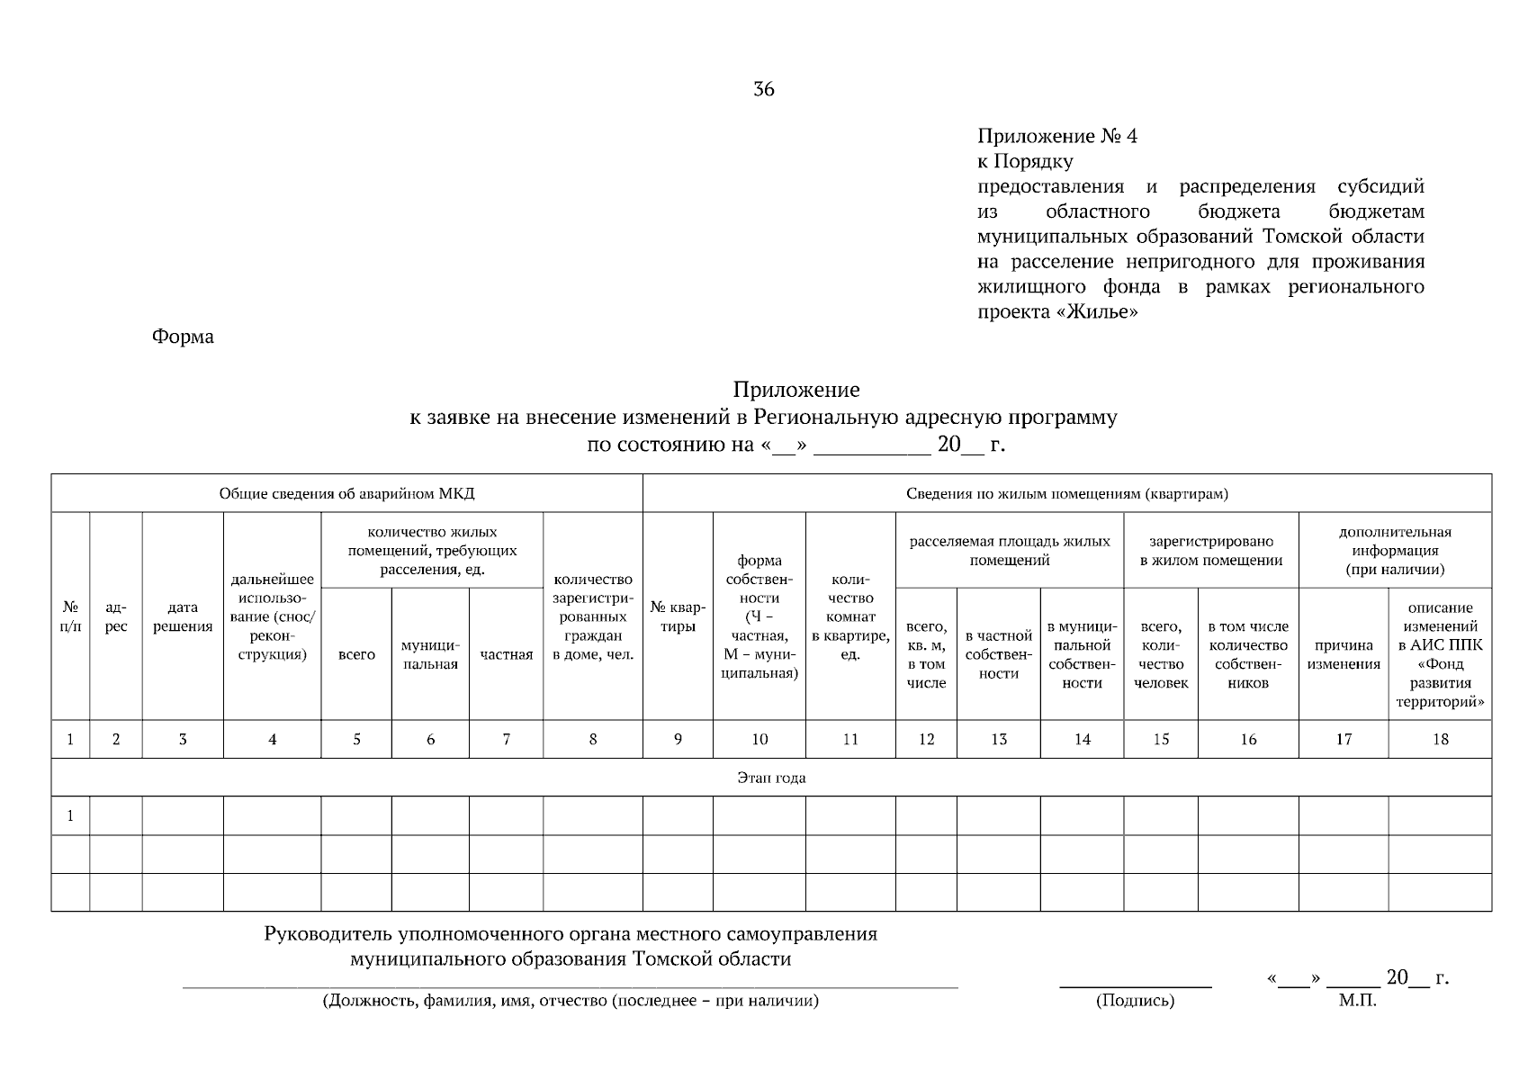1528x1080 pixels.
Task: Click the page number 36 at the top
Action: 763,89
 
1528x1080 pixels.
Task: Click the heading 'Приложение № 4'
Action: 1057,137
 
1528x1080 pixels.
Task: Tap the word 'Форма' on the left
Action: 183,337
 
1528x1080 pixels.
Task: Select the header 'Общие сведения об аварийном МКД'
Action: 346,493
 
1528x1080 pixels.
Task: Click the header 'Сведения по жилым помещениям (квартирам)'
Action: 1067,493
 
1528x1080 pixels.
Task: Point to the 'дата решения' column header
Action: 183,617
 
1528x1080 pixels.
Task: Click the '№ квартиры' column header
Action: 678,616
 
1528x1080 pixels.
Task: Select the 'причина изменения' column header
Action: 1343,654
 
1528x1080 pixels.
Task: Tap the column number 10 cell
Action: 760,739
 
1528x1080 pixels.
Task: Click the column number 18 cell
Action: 1440,739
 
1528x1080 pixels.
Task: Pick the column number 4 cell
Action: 272,739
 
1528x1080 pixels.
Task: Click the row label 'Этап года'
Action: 771,778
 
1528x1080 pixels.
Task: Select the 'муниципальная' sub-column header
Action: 430,654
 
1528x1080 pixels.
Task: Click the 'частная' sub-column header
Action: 506,654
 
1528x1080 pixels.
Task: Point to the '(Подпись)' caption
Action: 1135,1001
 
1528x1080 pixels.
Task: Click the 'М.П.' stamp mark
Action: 1357,1001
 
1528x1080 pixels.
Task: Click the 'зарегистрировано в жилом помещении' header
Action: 1210,551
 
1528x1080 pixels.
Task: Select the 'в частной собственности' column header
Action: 998,654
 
